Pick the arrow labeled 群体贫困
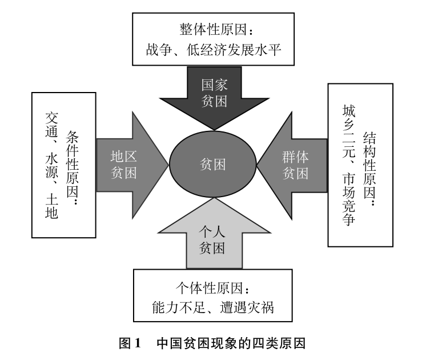295,164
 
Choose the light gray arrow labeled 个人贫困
212,241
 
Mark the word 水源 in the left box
51,168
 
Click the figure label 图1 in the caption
129,344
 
